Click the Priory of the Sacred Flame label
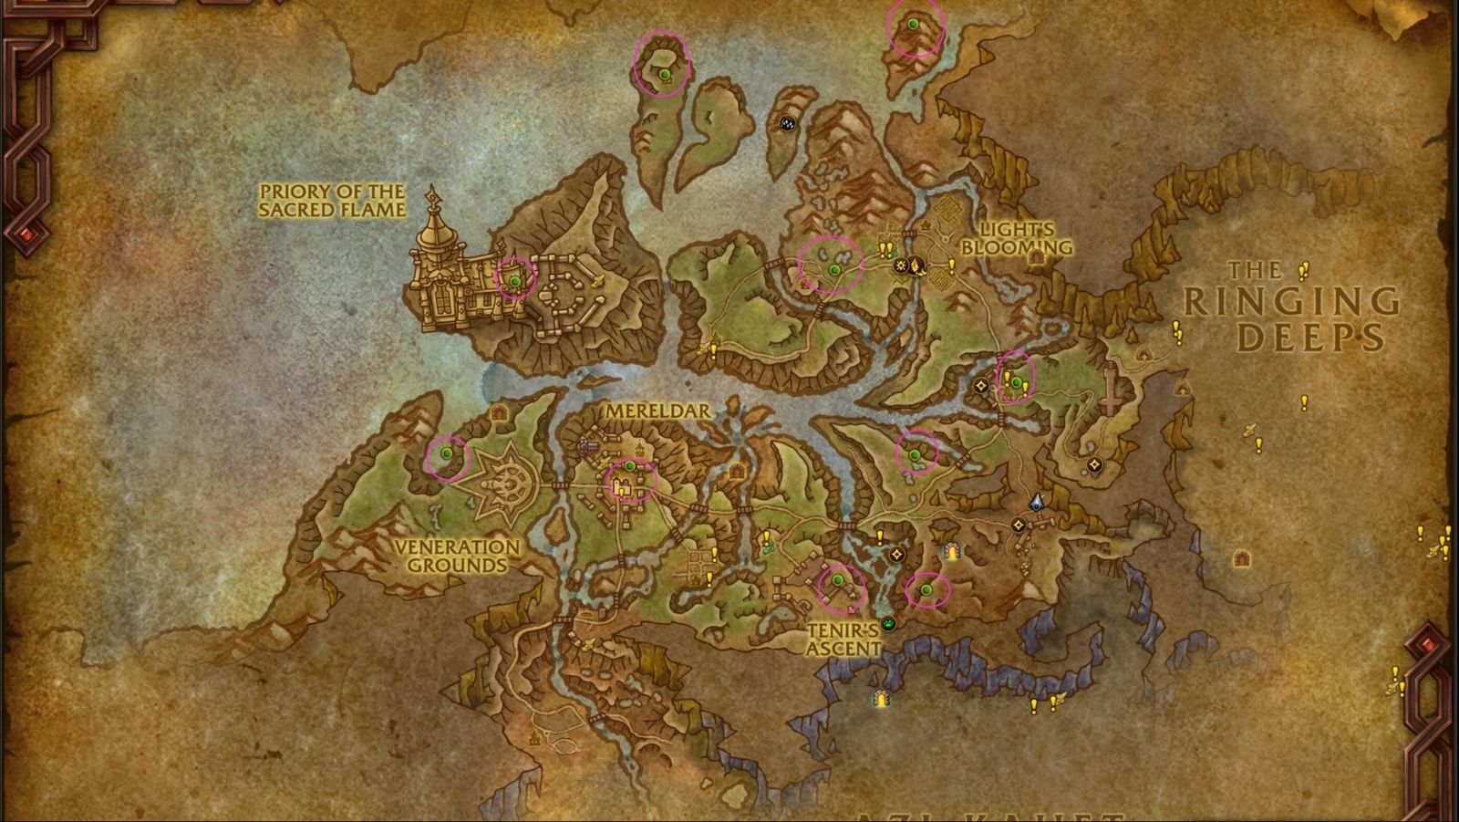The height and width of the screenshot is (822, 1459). point(332,201)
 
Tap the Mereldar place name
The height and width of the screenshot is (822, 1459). point(657,411)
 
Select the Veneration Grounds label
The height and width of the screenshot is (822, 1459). point(457,556)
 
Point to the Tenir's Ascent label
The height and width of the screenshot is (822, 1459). point(844,639)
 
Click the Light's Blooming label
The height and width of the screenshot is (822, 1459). point(1016,238)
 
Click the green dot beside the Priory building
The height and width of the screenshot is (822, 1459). point(515,281)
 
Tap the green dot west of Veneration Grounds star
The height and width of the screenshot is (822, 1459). point(447,453)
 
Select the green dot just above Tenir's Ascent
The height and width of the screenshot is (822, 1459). point(838,580)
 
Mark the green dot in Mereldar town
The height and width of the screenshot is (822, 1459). point(629,466)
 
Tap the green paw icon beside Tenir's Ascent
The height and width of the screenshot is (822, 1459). point(888,624)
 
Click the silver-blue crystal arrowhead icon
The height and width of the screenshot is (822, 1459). point(1036,502)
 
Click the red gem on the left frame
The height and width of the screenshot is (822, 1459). point(27,236)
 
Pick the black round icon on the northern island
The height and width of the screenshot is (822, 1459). point(788,123)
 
